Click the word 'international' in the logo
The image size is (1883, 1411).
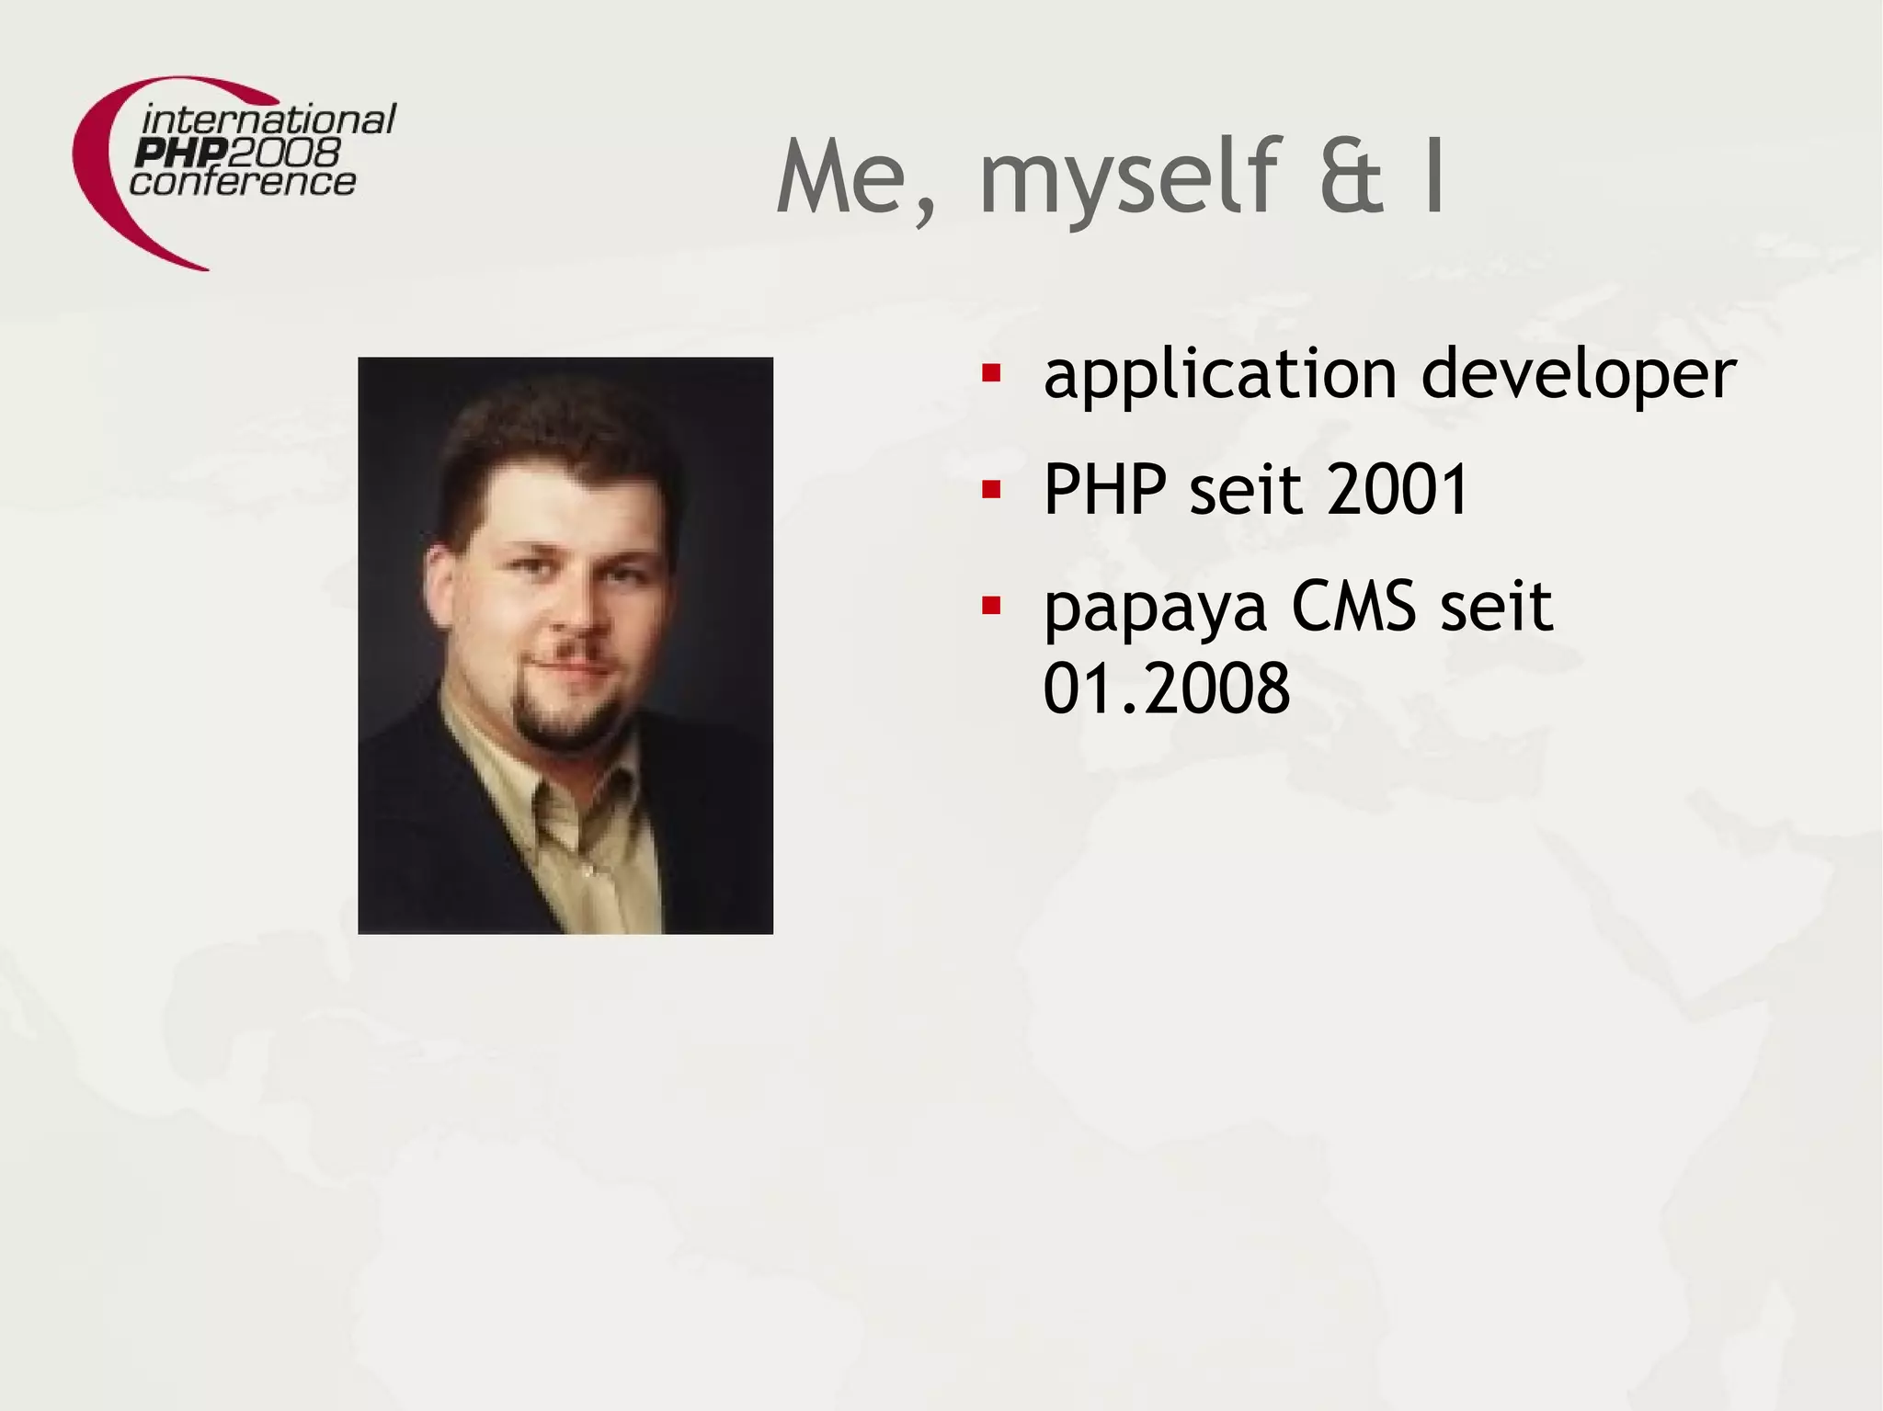[x=268, y=120]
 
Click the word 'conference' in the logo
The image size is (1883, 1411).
[x=243, y=181]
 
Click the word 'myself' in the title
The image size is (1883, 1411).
[x=1128, y=179]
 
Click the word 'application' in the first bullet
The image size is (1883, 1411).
[x=1220, y=375]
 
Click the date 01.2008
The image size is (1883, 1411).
[x=1167, y=688]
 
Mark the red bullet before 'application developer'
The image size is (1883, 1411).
[x=990, y=373]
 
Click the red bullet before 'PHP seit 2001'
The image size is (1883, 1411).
[x=990, y=489]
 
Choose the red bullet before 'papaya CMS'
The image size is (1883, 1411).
[x=990, y=606]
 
